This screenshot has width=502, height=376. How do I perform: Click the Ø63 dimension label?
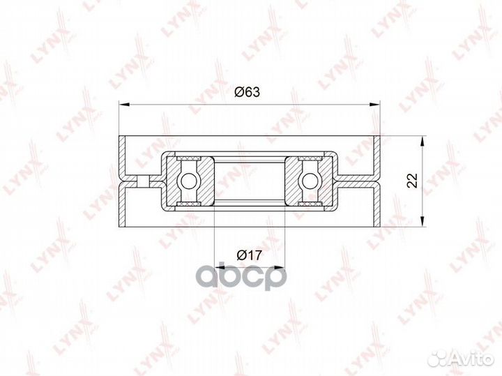(247, 92)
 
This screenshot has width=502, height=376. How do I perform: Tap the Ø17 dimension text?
(250, 255)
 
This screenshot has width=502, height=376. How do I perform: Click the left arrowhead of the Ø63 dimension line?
(124, 104)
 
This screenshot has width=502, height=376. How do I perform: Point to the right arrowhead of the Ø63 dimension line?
(374, 104)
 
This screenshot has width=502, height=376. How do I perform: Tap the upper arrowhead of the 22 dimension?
(423, 141)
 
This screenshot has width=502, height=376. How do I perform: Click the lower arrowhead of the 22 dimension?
(423, 222)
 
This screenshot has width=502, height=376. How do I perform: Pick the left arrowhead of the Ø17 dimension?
(218, 266)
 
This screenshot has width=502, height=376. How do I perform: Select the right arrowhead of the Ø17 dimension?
(280, 266)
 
